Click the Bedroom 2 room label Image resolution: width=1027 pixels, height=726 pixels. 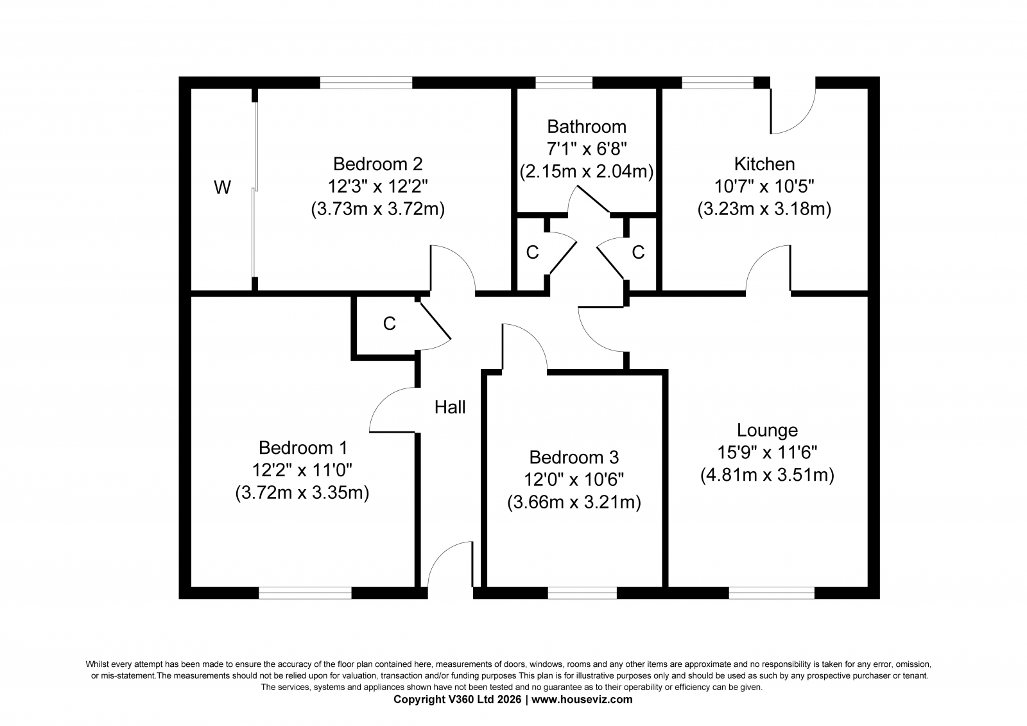[377, 164]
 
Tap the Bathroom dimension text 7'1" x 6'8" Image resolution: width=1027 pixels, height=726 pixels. [587, 148]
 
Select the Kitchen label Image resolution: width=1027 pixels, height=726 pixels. [764, 164]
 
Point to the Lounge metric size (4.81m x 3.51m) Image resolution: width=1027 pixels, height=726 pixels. [767, 475]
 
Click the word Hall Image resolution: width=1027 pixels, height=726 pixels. [450, 407]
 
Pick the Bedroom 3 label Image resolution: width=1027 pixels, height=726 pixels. [574, 457]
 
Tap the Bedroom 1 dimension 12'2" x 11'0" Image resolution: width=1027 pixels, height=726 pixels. [302, 470]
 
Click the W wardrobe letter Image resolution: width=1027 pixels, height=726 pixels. [222, 187]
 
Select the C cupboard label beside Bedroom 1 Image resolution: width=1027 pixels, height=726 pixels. [389, 324]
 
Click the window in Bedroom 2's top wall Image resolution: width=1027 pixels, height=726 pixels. [366, 83]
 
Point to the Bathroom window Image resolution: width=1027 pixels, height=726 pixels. [564, 83]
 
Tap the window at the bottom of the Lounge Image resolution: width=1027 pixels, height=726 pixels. [772, 593]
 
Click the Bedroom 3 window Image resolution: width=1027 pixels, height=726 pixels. [582, 593]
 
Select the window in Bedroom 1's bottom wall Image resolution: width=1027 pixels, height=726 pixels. [305, 593]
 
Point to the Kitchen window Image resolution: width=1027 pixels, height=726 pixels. [718, 83]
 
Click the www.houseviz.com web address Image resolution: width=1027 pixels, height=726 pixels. [582, 700]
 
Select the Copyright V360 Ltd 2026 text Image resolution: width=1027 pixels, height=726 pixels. [457, 700]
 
